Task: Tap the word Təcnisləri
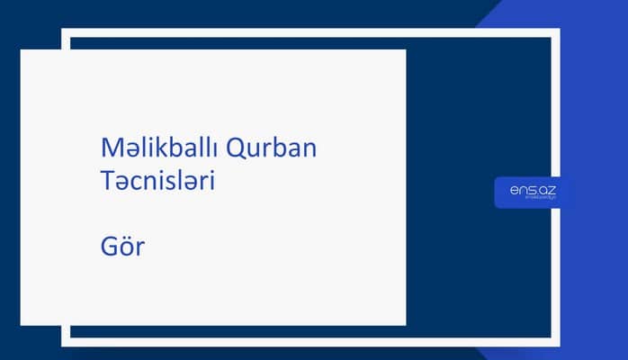(x=157, y=180)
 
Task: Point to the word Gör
(x=122, y=245)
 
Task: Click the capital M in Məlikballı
(x=111, y=147)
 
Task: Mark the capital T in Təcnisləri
(x=108, y=180)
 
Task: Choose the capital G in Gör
(x=111, y=245)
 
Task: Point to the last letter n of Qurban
(x=309, y=148)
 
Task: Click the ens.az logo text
(x=532, y=190)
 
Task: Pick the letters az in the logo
(x=546, y=190)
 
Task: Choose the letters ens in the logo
(x=521, y=190)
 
